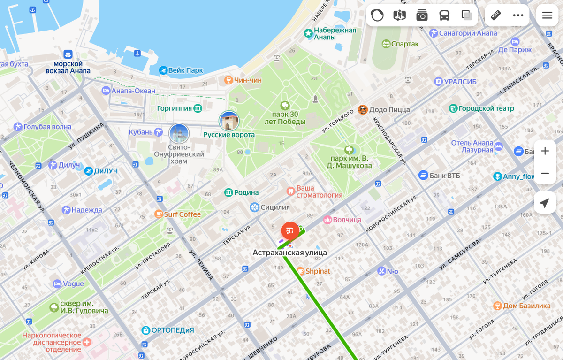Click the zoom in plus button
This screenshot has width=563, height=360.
[545, 151]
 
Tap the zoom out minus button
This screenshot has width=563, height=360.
[545, 173]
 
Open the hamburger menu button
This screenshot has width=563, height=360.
[547, 15]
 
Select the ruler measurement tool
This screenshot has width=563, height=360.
[496, 15]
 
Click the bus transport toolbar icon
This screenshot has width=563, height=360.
[444, 15]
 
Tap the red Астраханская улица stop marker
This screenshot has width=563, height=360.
[290, 230]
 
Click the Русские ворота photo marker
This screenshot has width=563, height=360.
[229, 121]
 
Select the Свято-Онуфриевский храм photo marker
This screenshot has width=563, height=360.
[179, 133]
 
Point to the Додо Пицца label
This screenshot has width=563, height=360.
[389, 109]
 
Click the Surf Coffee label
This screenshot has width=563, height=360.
[182, 214]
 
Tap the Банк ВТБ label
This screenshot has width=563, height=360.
[445, 176]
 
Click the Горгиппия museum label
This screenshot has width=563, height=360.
[175, 108]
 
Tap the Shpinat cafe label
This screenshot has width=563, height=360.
[318, 271]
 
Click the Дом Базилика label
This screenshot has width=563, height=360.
[526, 306]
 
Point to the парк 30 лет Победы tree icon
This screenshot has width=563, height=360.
[285, 105]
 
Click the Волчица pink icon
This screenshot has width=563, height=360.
[327, 219]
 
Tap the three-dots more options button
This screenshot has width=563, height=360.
[518, 15]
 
